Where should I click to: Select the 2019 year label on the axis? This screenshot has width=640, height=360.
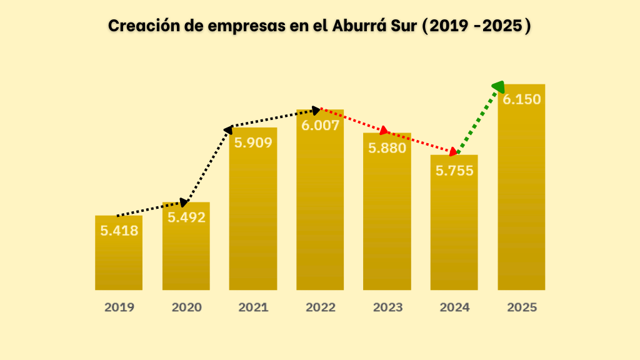(119, 307)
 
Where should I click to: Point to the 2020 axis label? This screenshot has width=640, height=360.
(186, 307)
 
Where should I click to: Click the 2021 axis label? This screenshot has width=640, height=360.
(253, 307)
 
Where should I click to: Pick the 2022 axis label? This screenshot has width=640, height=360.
(321, 307)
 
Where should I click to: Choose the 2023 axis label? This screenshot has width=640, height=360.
(387, 307)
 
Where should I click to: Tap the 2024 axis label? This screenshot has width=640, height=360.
(454, 307)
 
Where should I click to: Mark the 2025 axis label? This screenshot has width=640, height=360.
(522, 307)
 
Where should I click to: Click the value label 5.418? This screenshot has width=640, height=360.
(119, 231)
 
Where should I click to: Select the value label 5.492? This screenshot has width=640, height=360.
(186, 217)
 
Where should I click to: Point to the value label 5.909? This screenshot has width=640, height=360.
(253, 143)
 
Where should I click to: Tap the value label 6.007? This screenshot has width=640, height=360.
(321, 125)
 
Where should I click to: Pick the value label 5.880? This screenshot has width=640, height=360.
(387, 148)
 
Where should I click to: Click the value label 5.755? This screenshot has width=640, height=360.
(454, 171)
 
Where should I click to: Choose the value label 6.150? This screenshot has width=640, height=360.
(522, 99)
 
